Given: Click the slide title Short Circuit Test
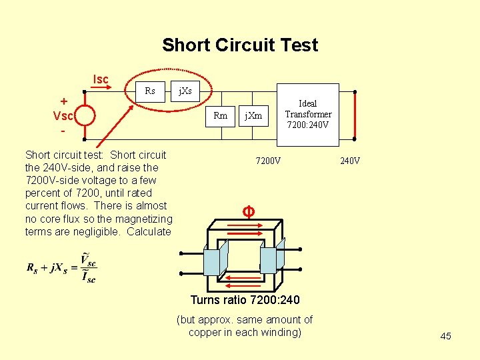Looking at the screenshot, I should pyautogui.click(x=240, y=45).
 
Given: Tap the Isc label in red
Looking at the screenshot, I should pyautogui.click(x=101, y=81).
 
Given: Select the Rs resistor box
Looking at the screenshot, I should pyautogui.click(x=150, y=91).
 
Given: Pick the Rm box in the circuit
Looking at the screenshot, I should pyautogui.click(x=220, y=116).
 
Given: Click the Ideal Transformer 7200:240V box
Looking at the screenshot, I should pyautogui.click(x=308, y=114).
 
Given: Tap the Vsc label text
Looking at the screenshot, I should pyautogui.click(x=63, y=115).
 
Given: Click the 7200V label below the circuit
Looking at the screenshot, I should pyautogui.click(x=269, y=161).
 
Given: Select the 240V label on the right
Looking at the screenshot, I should pyautogui.click(x=350, y=161).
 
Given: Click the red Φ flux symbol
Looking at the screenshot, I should pyautogui.click(x=247, y=213).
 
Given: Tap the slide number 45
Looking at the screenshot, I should pyautogui.click(x=445, y=336).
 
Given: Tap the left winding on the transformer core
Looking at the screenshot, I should pyautogui.click(x=215, y=257).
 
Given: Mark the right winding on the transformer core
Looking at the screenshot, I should pyautogui.click(x=272, y=257).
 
